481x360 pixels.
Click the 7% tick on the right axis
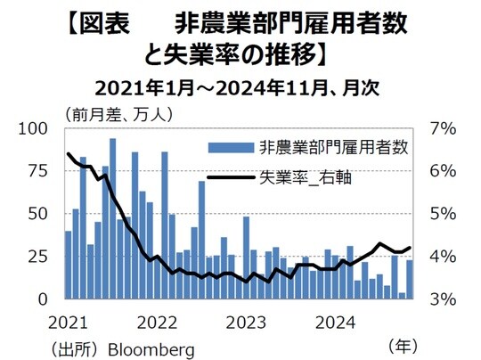[443, 129]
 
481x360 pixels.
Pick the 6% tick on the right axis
[443, 171]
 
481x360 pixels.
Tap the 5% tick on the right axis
[443, 214]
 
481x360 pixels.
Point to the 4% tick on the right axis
[443, 257]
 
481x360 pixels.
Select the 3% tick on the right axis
[443, 299]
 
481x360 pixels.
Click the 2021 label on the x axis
[68, 320]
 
